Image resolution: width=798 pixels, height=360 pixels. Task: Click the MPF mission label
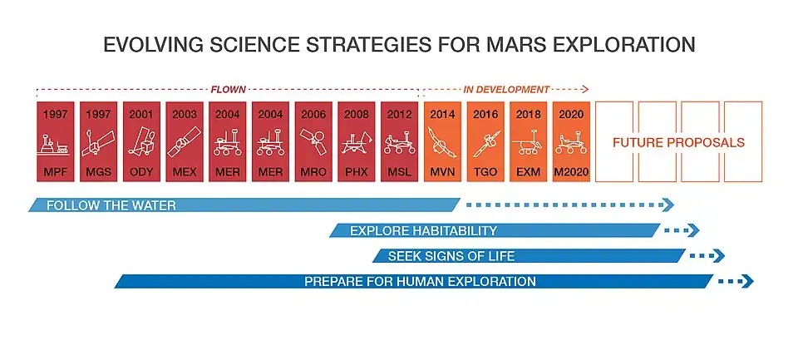[x=55, y=170]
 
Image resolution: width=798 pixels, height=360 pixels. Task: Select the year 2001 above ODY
[x=141, y=115]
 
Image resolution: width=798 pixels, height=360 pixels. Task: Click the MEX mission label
[x=185, y=170]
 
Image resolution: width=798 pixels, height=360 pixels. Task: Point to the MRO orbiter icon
[x=314, y=145]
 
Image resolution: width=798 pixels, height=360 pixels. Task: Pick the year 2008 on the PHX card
[x=357, y=115]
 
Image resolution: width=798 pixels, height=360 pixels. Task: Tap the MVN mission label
[x=443, y=170]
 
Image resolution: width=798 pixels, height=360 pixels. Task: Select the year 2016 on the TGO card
[x=486, y=115]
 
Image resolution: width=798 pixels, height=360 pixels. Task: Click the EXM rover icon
[x=529, y=146]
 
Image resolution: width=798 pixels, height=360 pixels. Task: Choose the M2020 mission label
[x=572, y=170]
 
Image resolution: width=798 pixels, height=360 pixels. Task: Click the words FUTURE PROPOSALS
[x=678, y=142]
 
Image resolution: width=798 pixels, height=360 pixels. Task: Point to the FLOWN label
[x=227, y=88]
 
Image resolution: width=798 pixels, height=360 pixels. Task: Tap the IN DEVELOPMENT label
[x=507, y=88]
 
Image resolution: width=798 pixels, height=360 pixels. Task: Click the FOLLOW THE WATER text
[x=111, y=205]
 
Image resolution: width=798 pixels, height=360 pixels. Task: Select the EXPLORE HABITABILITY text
[x=423, y=230]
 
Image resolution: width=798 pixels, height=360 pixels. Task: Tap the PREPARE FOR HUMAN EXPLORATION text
[x=420, y=282]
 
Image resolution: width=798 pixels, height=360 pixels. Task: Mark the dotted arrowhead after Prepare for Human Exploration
[x=747, y=282]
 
